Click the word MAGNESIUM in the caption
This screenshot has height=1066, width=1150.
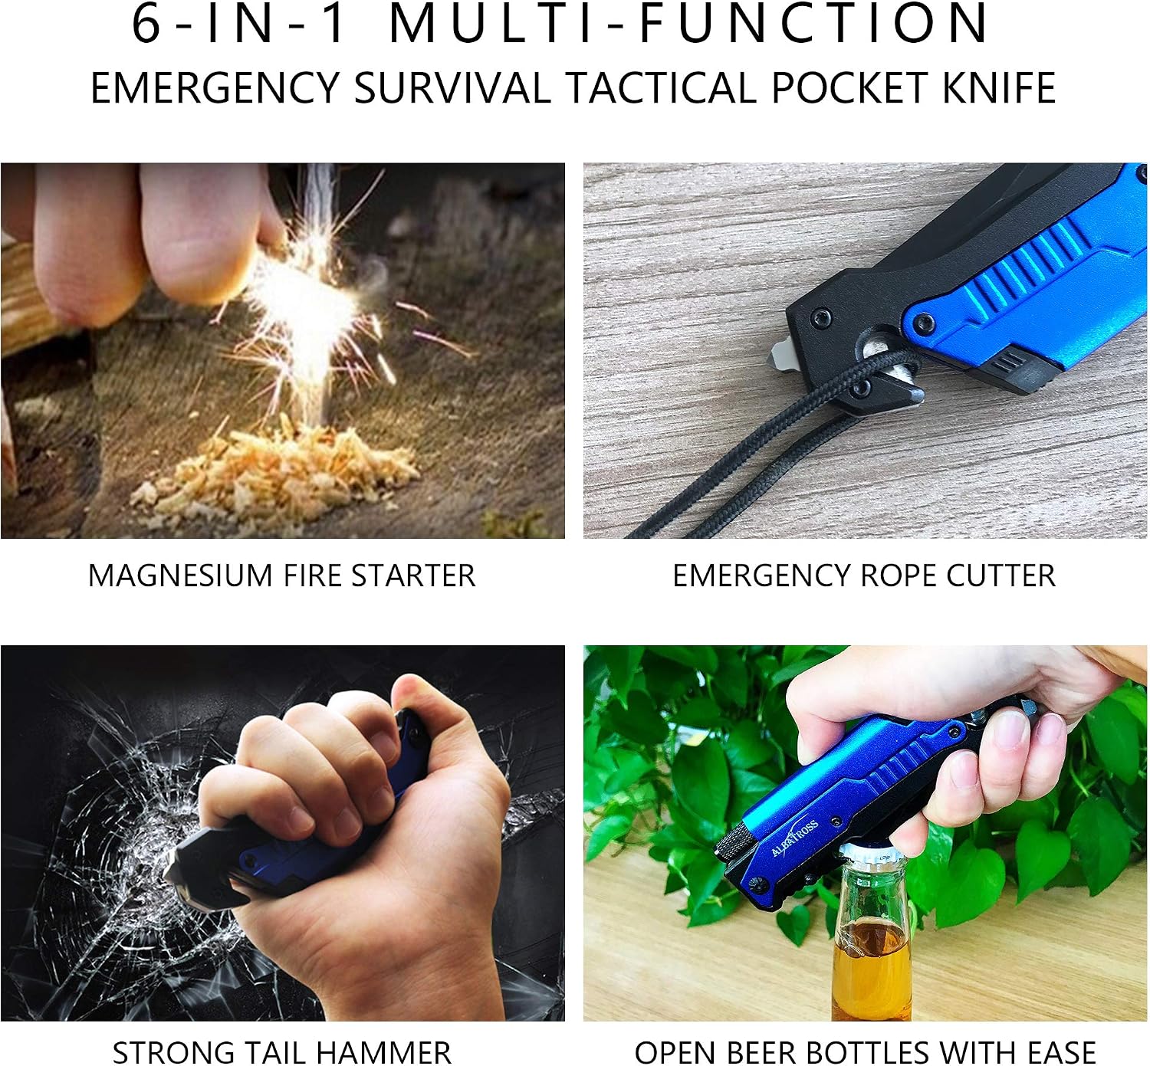click(180, 576)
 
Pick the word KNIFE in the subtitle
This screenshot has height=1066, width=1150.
click(999, 88)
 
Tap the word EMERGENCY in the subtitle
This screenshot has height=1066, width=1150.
click(215, 88)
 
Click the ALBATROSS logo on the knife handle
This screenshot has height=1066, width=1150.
click(794, 838)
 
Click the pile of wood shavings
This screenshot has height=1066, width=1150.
click(275, 480)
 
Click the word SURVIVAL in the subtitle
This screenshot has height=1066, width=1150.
click(452, 88)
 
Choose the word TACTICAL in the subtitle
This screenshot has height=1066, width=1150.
click(661, 88)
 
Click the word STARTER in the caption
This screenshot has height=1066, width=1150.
click(413, 576)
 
